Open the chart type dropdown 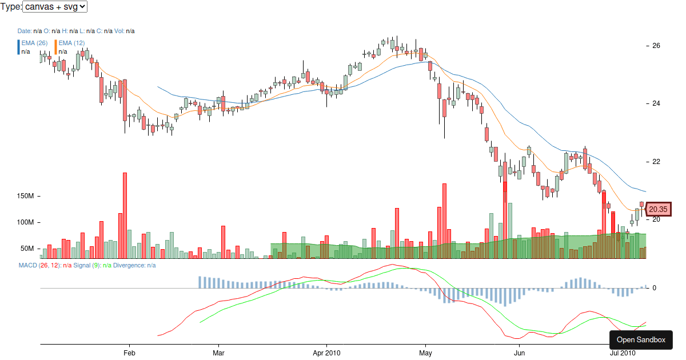click(55, 7)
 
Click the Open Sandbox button click(641, 340)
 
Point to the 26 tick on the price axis click(656, 46)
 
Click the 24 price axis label click(656, 103)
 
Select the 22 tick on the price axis click(656, 162)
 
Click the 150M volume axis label click(26, 196)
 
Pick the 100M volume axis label click(26, 222)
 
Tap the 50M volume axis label click(28, 249)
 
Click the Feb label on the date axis click(129, 354)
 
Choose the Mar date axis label click(219, 354)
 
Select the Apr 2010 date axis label click(326, 354)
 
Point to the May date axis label click(425, 354)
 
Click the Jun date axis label click(519, 354)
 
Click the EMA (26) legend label click(34, 43)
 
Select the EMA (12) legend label click(71, 43)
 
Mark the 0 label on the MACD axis click(654, 288)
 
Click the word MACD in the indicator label click(27, 265)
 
